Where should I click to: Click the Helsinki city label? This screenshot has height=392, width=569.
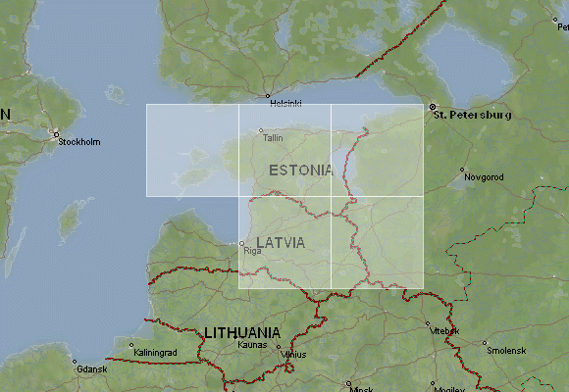click(x=285, y=103)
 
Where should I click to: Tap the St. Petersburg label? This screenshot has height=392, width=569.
click(x=473, y=115)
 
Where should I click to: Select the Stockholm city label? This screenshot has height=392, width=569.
click(x=79, y=142)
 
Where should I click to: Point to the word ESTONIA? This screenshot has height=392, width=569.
click(x=300, y=171)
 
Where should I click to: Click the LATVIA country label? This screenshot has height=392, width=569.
click(x=280, y=242)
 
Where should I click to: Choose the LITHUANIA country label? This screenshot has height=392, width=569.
click(x=242, y=332)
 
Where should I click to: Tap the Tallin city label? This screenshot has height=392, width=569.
click(x=274, y=138)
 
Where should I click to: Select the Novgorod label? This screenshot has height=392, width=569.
click(x=484, y=177)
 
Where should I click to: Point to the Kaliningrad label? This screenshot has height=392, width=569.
click(x=155, y=352)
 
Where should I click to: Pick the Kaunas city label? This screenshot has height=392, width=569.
click(x=252, y=345)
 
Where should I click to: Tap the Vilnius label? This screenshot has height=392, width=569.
click(x=293, y=355)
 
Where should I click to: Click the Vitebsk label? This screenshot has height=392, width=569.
click(x=444, y=331)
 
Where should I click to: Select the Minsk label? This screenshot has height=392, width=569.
click(x=362, y=388)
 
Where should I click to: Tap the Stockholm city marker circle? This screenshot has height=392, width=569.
click(x=56, y=134)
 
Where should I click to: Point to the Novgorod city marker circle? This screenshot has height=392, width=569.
click(x=462, y=170)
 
